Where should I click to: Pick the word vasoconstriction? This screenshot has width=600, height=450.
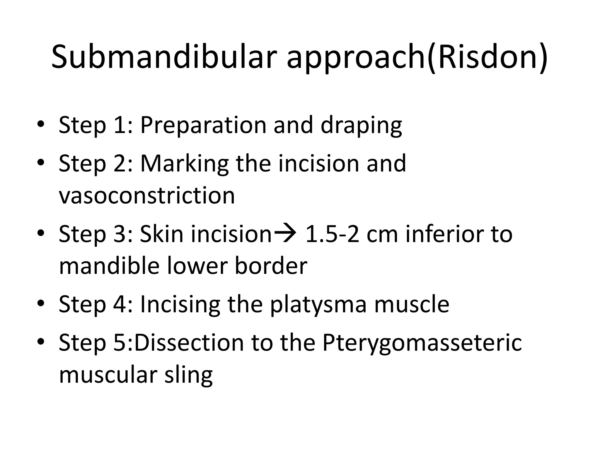pos(147,195)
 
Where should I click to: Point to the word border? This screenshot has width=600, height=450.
pos(271,266)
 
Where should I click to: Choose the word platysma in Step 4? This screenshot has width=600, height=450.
pos(318,305)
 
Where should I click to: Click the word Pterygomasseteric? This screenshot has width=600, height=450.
pos(422,343)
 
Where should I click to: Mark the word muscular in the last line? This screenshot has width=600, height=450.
pos(107,375)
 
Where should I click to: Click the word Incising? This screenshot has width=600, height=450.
pos(180,305)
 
